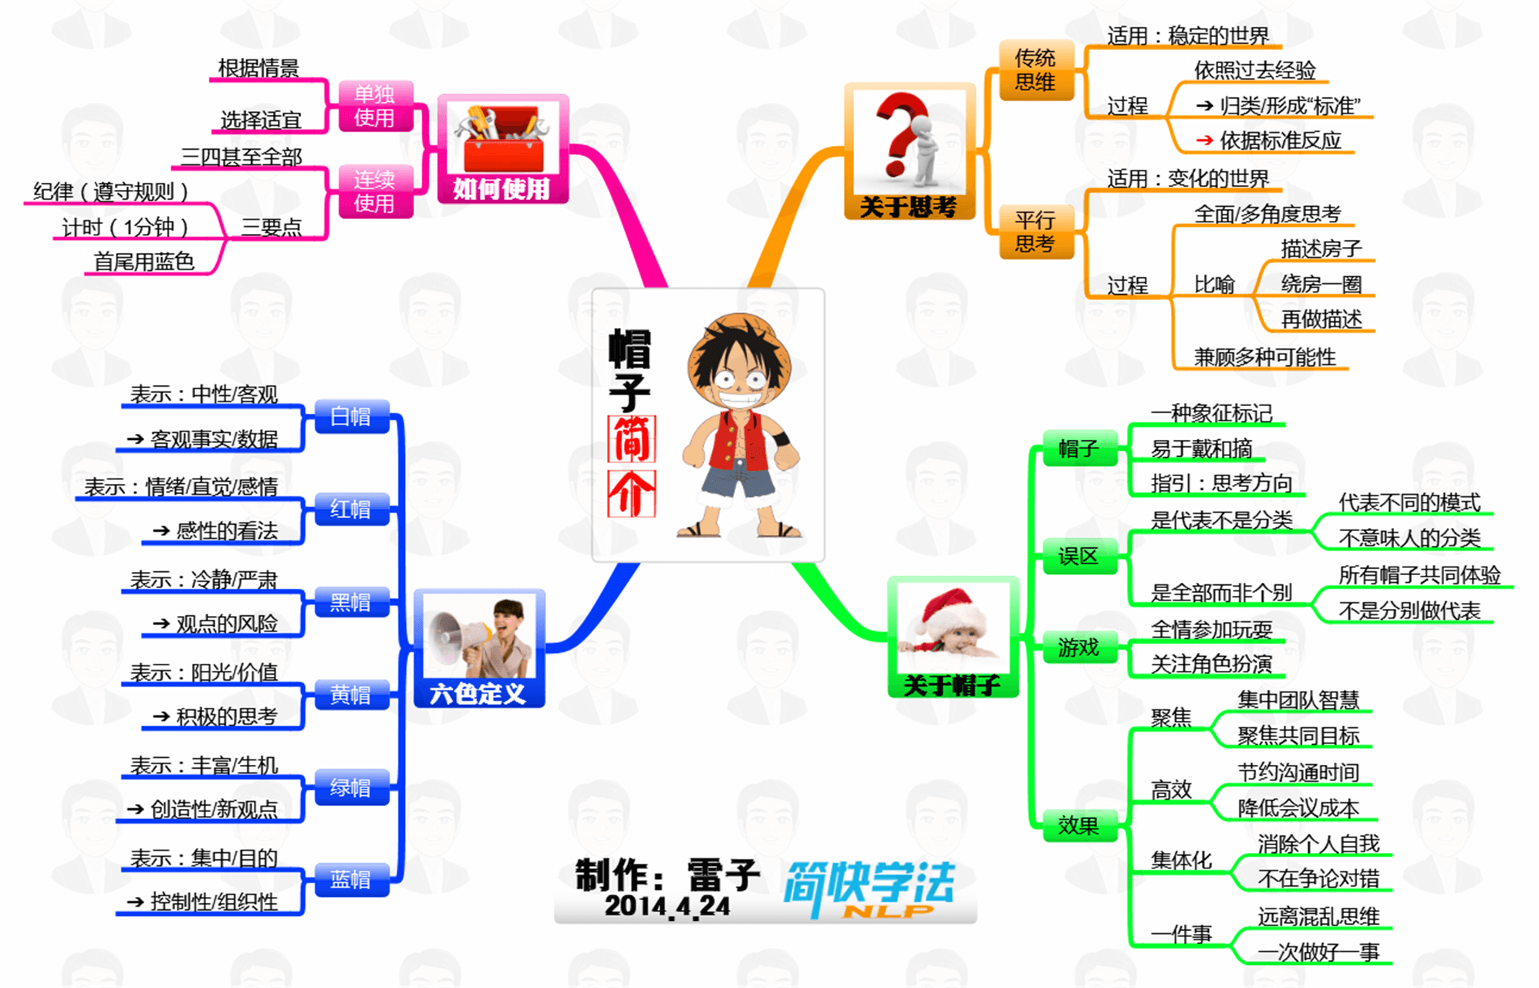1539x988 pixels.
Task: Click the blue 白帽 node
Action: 351,417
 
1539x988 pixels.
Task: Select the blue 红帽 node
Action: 351,509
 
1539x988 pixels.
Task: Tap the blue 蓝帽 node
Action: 351,880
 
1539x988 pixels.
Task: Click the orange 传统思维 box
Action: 1035,70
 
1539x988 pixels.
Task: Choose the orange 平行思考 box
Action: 1035,232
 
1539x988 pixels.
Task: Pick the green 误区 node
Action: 1078,557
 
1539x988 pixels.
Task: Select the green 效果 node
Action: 1078,826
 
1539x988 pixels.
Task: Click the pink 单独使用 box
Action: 374,106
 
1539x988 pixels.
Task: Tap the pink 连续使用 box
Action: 374,191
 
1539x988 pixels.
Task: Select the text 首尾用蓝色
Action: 144,262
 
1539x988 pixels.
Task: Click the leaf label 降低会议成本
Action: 1298,808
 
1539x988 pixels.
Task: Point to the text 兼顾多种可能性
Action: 1265,357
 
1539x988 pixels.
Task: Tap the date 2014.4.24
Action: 667,906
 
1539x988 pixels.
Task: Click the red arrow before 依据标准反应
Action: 1203,140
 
